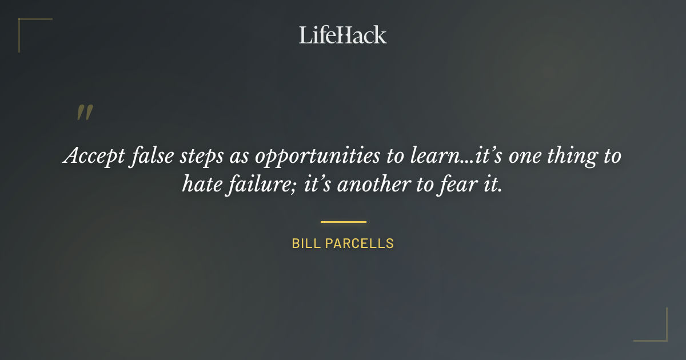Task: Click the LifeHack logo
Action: (x=342, y=35)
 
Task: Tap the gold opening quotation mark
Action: (x=85, y=113)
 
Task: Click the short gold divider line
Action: (x=343, y=222)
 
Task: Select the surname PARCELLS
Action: (x=360, y=243)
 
